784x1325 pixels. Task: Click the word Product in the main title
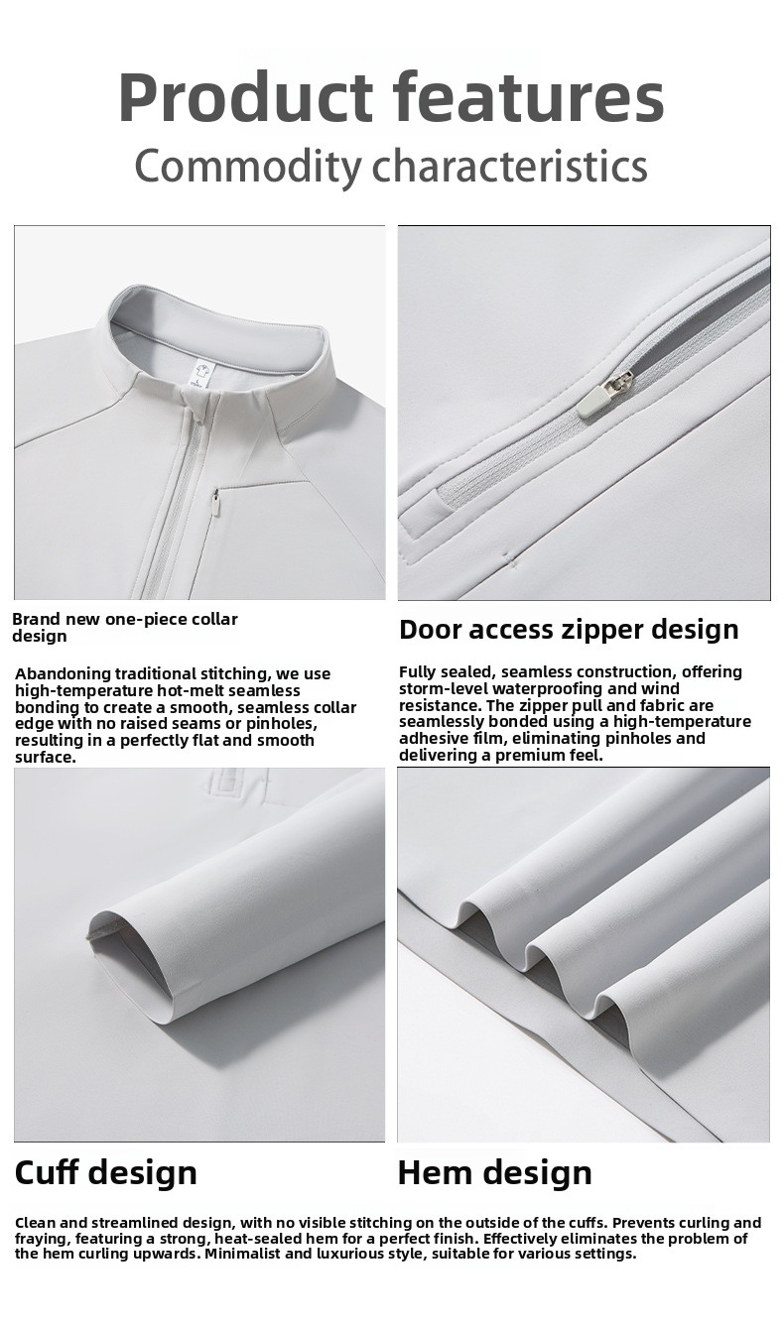(x=245, y=96)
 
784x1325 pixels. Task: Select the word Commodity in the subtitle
(x=248, y=167)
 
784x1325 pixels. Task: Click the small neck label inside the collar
(x=201, y=375)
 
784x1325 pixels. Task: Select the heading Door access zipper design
(x=569, y=630)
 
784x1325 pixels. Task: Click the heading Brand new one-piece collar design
(x=125, y=628)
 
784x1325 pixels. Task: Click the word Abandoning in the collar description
(x=63, y=673)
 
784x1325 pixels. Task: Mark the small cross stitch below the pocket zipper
(x=507, y=558)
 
